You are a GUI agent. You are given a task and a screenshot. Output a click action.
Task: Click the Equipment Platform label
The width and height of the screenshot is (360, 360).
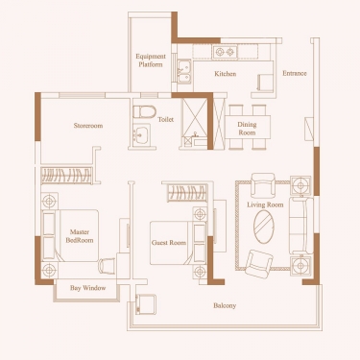tap(151, 60)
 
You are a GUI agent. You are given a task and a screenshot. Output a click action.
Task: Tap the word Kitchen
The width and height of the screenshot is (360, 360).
tap(226, 74)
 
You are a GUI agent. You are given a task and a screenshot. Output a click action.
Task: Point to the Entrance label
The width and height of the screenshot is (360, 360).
tap(295, 73)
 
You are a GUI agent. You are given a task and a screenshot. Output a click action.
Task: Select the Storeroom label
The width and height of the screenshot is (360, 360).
tap(88, 126)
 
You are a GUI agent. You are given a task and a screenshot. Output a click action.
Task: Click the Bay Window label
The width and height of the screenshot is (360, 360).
tap(87, 288)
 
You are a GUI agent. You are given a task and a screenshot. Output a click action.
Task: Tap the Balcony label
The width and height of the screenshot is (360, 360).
tap(225, 305)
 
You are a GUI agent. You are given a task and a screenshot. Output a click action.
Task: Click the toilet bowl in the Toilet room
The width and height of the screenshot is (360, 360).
tap(144, 111)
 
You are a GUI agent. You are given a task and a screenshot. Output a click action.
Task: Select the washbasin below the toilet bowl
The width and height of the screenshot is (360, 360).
tap(140, 135)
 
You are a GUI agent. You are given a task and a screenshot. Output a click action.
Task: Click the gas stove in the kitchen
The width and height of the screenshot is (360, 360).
tap(225, 52)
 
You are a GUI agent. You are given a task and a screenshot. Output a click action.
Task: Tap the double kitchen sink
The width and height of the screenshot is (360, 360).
tap(184, 72)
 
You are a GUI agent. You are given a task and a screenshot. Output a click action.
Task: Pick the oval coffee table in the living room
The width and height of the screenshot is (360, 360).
tap(264, 227)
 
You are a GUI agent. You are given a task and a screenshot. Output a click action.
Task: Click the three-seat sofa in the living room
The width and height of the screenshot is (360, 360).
tap(301, 226)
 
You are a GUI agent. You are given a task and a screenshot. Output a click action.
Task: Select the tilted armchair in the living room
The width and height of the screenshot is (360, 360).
tap(258, 264)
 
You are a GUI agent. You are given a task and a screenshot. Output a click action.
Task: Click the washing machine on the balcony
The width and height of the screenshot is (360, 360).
tap(146, 304)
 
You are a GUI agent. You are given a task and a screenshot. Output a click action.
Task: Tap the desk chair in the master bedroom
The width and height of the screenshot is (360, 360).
tap(107, 266)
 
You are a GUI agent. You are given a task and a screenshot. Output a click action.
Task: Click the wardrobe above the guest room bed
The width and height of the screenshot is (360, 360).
tap(187, 193)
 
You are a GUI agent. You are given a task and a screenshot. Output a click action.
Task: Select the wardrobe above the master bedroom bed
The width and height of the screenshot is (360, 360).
tap(67, 176)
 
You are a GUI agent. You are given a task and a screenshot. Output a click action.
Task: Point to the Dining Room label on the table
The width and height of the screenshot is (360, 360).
tap(247, 128)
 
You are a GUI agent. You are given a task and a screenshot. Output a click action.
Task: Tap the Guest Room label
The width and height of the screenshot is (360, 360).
tap(169, 243)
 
